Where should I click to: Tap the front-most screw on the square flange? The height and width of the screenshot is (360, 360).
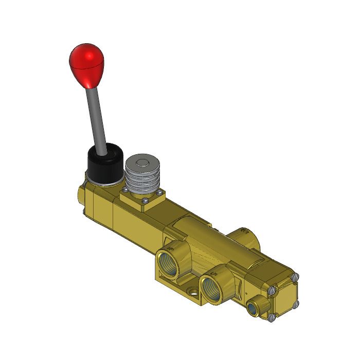146,201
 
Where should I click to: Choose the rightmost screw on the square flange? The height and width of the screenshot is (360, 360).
161,192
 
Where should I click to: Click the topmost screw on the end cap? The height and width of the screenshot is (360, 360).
295,277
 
